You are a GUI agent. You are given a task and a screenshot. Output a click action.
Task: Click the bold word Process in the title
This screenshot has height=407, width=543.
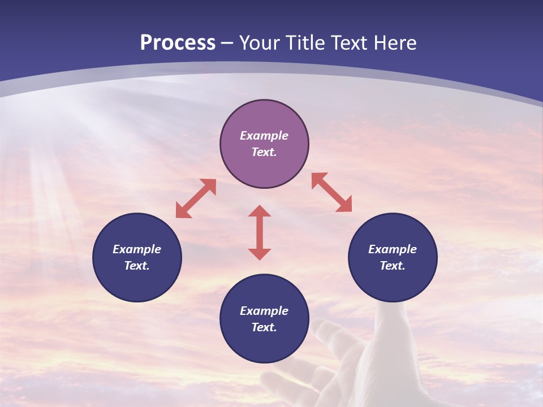point(178,43)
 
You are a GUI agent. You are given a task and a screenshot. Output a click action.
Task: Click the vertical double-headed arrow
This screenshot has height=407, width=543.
point(260,232)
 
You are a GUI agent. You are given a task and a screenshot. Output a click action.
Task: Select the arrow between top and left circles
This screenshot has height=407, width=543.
point(196,198)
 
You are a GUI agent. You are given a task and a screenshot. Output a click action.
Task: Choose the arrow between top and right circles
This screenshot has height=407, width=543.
point(332,193)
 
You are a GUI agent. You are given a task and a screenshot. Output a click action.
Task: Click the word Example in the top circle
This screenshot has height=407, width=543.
point(264,136)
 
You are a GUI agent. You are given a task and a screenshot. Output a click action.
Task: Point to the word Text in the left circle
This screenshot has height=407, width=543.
point(137,266)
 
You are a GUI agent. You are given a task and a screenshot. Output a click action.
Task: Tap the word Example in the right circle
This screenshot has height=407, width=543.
point(393,249)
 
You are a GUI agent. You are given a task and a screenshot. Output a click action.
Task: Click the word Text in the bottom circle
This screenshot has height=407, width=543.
point(264,327)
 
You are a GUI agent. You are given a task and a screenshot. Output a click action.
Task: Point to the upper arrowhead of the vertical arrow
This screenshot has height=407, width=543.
point(260,212)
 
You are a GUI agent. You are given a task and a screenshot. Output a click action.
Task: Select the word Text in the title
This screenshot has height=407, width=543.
point(348,43)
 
